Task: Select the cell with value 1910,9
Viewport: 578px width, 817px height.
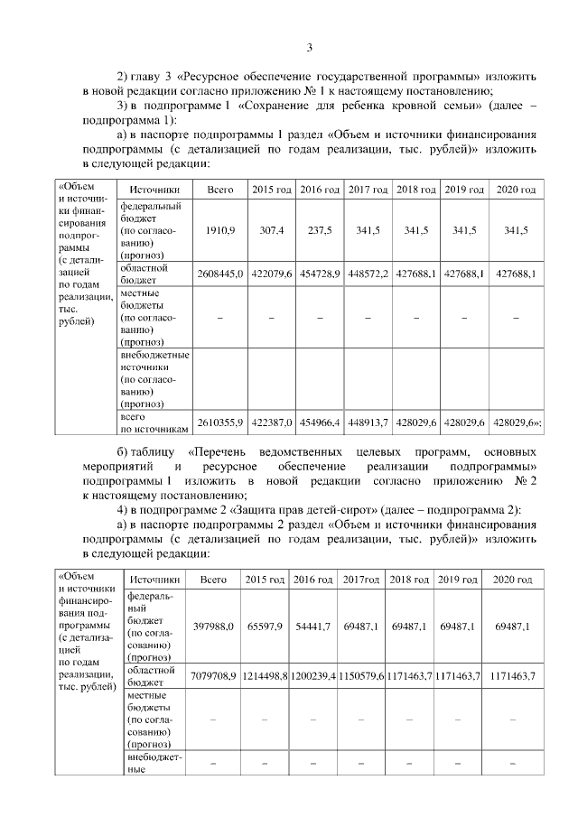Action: [x=220, y=231]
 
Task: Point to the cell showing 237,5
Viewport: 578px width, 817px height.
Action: [x=318, y=231]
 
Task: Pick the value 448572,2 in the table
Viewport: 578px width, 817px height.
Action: [x=368, y=274]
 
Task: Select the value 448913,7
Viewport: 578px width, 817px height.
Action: [x=368, y=422]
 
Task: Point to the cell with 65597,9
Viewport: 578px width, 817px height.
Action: [x=264, y=626]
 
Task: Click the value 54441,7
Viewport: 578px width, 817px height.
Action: [x=312, y=626]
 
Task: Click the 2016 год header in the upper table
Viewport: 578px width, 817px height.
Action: [x=319, y=190]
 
